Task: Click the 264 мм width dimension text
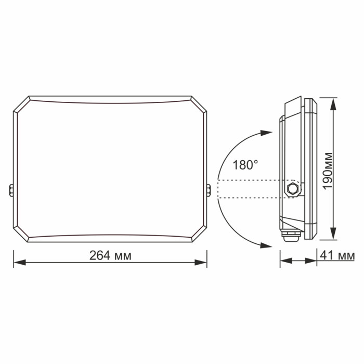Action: (x=110, y=256)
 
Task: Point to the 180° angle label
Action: (x=245, y=165)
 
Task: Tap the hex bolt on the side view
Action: (x=292, y=188)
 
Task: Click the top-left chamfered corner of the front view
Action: (x=21, y=105)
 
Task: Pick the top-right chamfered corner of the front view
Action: (x=198, y=105)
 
